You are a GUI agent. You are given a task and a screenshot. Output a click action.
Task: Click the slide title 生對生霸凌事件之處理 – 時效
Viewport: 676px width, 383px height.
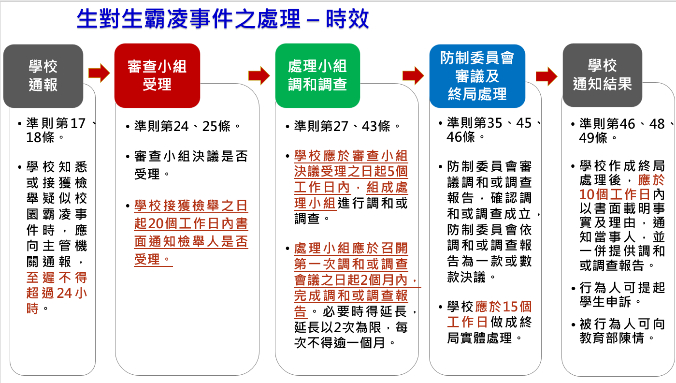tap(223, 19)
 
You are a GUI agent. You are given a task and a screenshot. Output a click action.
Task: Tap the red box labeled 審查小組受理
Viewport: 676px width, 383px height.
tap(157, 75)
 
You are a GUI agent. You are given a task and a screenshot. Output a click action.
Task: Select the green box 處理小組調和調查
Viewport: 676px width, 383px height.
tap(317, 75)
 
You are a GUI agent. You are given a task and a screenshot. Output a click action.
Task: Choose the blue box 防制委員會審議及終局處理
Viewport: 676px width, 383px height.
tap(477, 76)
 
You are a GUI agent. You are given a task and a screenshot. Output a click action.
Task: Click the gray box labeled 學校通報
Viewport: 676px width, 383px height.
tap(43, 76)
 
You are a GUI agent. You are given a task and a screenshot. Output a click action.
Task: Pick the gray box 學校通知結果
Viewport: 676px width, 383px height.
tap(603, 75)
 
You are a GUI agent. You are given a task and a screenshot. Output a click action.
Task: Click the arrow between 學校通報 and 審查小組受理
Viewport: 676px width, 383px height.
tap(99, 73)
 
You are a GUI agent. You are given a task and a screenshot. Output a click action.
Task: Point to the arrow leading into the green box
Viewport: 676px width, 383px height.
tap(259, 75)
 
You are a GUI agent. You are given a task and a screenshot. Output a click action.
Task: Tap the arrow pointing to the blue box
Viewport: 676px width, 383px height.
tap(413, 75)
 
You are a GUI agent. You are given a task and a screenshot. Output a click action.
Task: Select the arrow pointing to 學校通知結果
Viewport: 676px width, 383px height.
tap(547, 76)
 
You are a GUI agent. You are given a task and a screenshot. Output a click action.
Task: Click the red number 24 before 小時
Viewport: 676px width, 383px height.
tap(64, 293)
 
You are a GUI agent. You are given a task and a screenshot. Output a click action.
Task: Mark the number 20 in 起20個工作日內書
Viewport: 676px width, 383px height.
tap(157, 223)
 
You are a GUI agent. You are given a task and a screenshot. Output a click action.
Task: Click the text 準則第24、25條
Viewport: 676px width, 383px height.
tap(183, 126)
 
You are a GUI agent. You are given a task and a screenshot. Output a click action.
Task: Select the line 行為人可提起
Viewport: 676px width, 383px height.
tap(622, 288)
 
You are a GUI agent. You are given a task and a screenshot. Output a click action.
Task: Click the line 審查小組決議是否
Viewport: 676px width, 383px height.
tap(191, 157)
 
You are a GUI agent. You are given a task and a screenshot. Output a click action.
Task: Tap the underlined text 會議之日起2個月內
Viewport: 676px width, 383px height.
tap(351, 280)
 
